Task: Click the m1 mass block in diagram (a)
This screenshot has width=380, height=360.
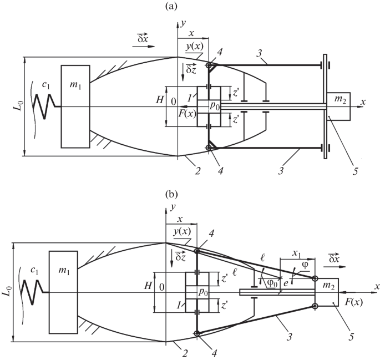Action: point(75,106)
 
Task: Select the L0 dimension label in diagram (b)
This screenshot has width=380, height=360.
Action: point(7,291)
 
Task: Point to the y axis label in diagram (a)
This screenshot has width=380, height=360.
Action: point(182,23)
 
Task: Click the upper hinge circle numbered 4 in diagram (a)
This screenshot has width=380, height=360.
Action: point(209,67)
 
